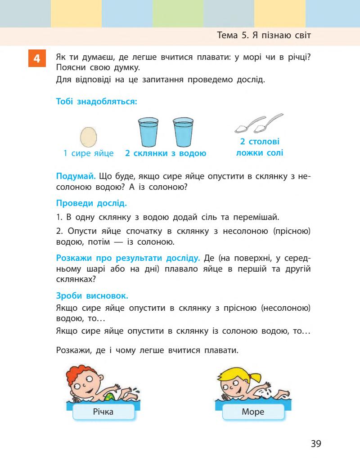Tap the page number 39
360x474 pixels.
point(316,443)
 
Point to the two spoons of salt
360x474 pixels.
point(259,123)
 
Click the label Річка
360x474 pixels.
point(103,411)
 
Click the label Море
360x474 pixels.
point(253,411)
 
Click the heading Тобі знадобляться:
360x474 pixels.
point(96,102)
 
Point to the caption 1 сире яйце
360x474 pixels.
point(88,153)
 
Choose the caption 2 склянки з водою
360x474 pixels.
point(166,153)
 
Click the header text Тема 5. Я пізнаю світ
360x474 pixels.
point(264,36)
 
